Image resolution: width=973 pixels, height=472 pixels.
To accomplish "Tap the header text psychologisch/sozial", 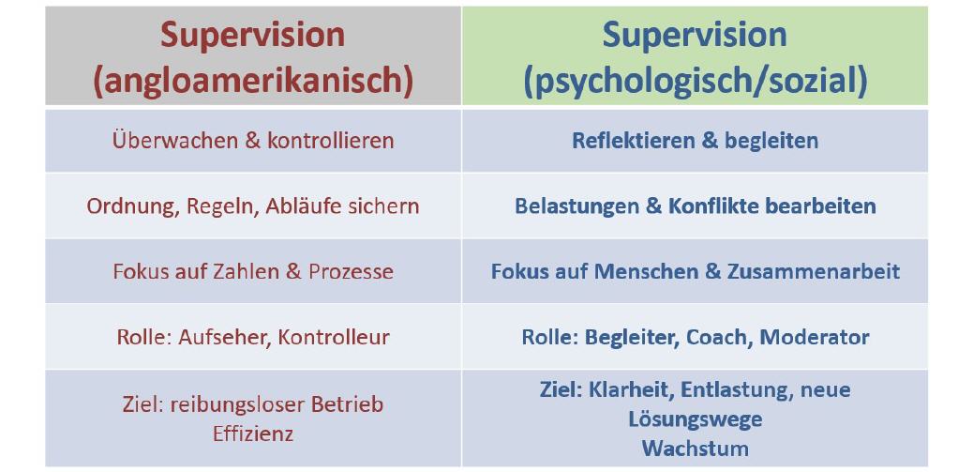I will click(695, 80).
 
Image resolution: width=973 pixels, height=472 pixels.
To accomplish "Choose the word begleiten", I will click(773, 141).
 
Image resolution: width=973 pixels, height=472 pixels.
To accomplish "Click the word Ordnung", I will click(126, 206).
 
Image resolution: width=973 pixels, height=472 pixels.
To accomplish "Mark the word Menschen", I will click(638, 271).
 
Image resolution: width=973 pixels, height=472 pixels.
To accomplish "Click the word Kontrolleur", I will click(334, 337).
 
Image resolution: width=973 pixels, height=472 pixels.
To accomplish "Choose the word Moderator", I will click(815, 337).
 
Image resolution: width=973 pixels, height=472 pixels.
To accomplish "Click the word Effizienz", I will click(253, 434).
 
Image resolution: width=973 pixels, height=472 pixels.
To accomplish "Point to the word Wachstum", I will click(695, 448).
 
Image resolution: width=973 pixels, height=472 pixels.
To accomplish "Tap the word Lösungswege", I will click(695, 419).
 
